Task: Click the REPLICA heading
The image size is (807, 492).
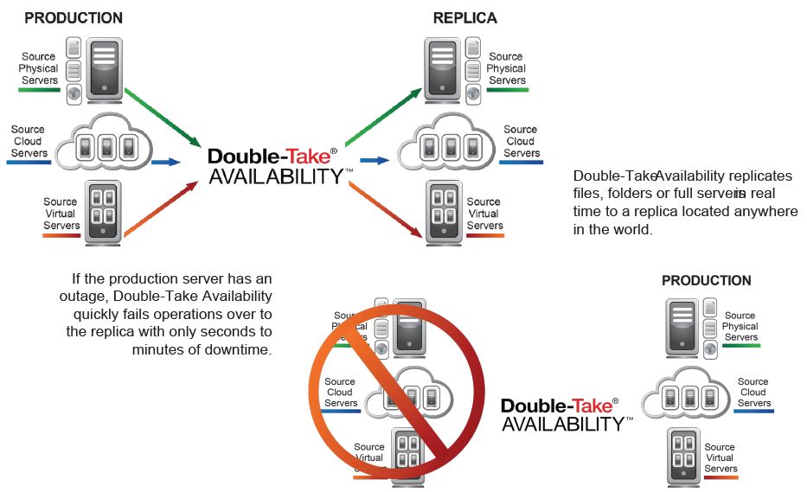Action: point(465,17)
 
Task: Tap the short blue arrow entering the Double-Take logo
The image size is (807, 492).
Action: point(165,162)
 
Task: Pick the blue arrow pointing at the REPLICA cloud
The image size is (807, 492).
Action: point(374,160)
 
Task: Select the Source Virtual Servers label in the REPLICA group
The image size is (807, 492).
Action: point(484,214)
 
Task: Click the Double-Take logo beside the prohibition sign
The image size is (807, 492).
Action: point(560,413)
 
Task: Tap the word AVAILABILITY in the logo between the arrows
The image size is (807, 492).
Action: point(277,176)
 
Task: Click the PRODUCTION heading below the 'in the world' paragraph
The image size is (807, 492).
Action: point(706,281)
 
